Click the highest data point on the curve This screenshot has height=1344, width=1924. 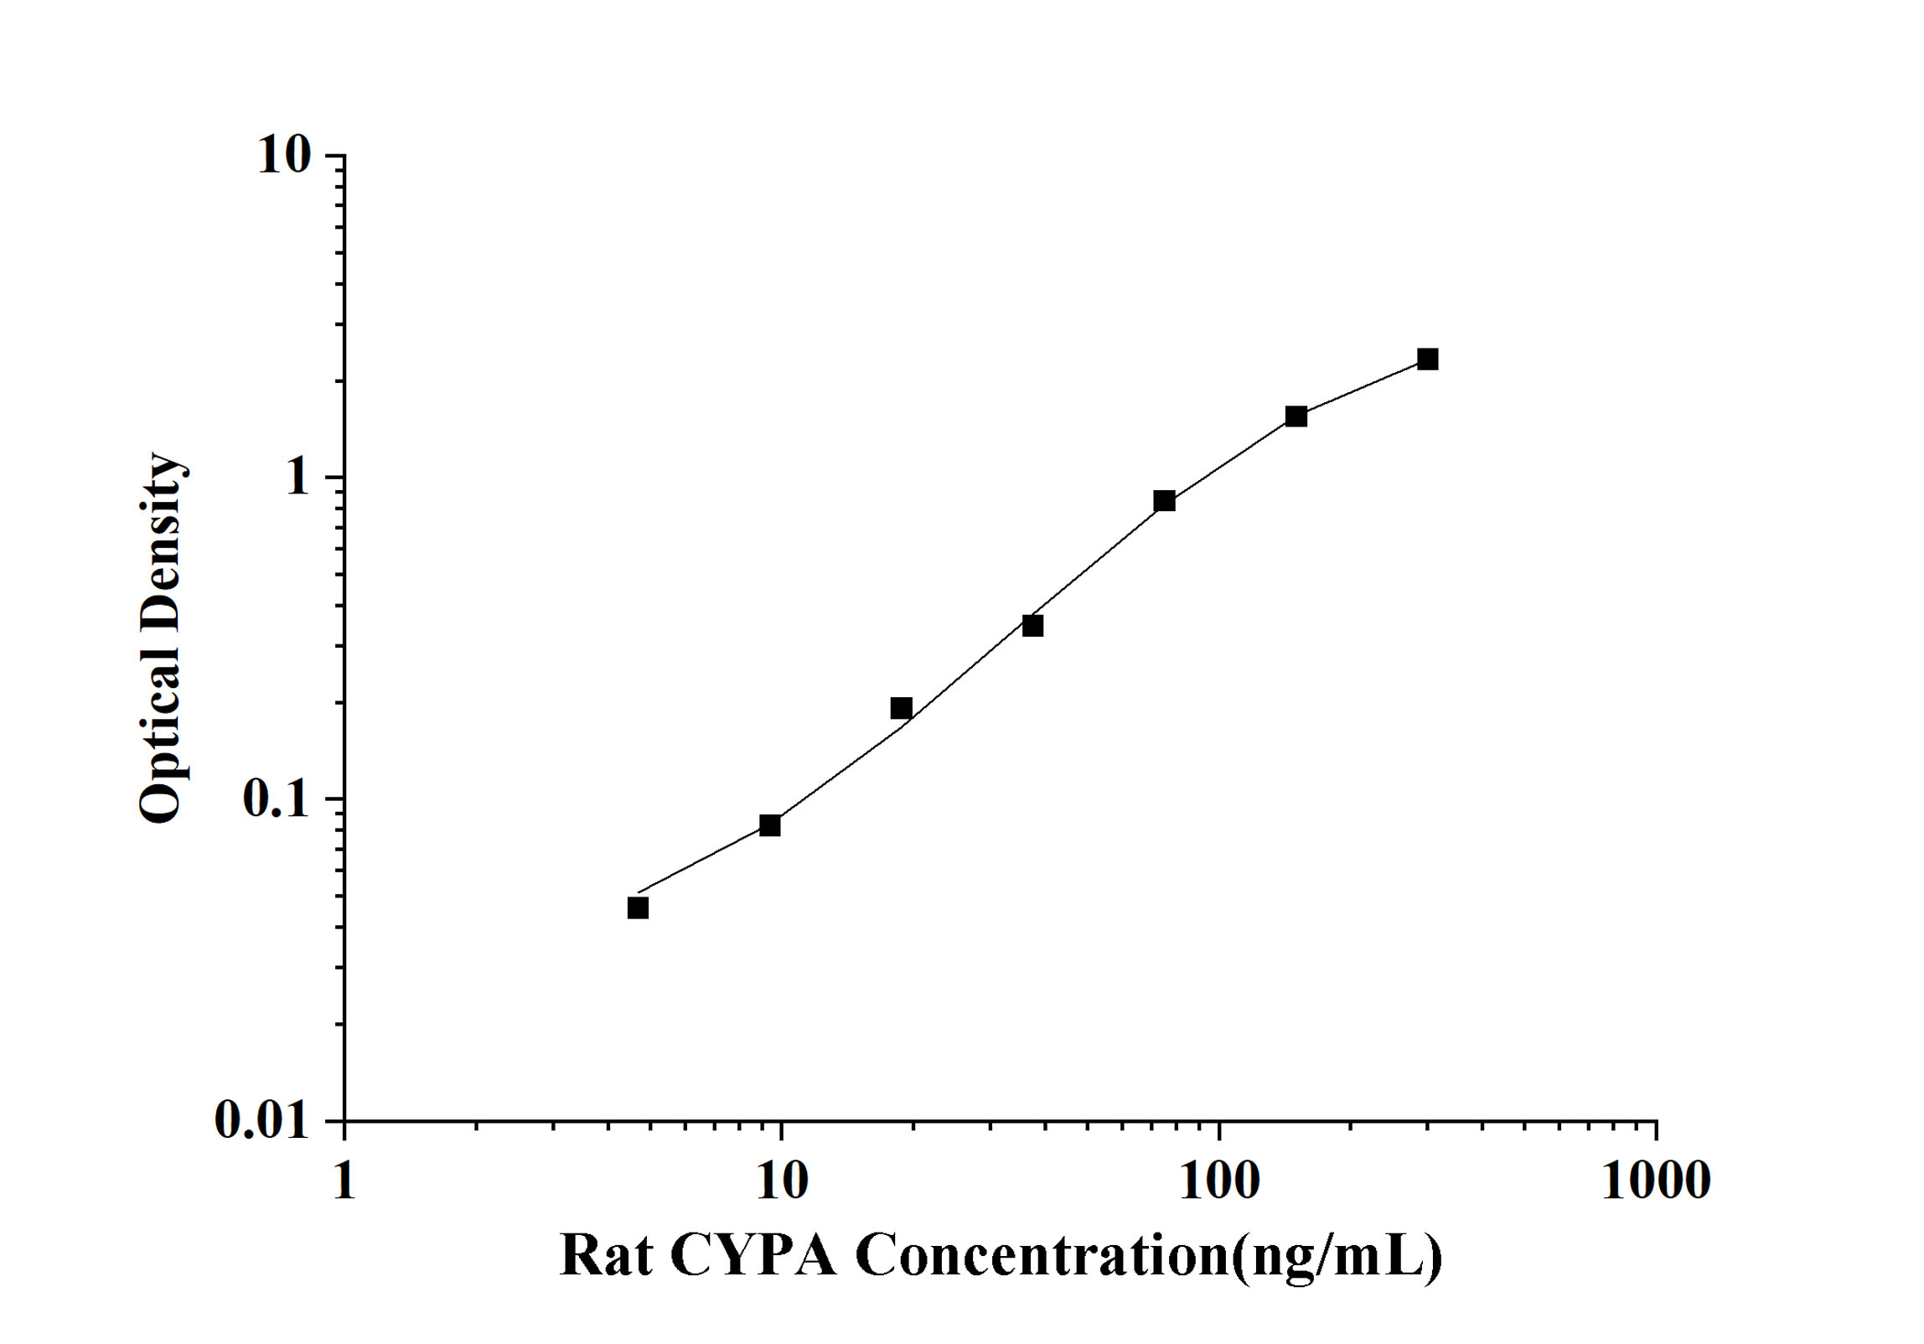click(x=1427, y=359)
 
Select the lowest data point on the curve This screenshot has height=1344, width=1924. click(x=638, y=908)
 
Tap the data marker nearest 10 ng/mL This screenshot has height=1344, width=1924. click(x=770, y=825)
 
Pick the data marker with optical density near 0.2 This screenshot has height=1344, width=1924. click(x=901, y=708)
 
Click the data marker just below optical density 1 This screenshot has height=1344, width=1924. click(x=1164, y=501)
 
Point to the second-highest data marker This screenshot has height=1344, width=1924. click(x=1296, y=416)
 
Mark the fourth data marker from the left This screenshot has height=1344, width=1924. click(x=1032, y=625)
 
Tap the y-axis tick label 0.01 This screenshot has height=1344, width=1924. click(x=262, y=1120)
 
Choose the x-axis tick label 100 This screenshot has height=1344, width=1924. click(x=1218, y=1181)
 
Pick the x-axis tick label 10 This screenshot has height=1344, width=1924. click(x=781, y=1181)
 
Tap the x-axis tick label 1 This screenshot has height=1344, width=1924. click(x=344, y=1181)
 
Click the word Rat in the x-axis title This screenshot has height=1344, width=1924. click(x=605, y=1257)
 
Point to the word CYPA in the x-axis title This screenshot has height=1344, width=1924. click(x=753, y=1257)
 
